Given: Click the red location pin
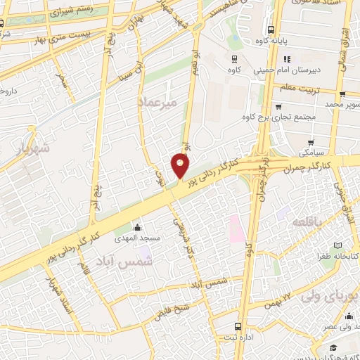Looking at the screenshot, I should [x=181, y=166].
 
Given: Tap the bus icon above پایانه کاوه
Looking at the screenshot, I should [x=271, y=30].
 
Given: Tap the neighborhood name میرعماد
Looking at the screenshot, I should [x=163, y=102].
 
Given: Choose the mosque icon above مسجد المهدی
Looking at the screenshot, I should [x=137, y=227].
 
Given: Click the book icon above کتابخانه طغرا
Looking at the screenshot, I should [x=339, y=245].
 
